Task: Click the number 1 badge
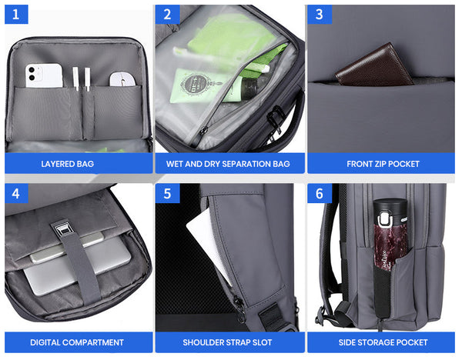(17, 14)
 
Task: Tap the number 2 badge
(167, 14)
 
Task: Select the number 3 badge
(319, 14)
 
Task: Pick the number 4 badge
(17, 193)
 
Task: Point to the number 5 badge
(167, 193)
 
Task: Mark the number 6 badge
(319, 193)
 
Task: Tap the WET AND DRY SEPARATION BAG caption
(228, 164)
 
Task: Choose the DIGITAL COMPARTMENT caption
(77, 342)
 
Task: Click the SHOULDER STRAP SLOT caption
(228, 342)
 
